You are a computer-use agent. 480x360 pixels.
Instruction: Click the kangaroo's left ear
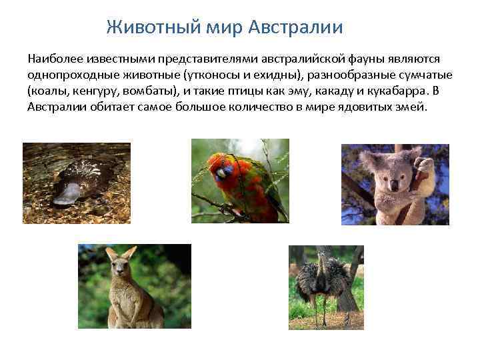point(111,253)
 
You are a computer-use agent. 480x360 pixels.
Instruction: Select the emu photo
point(326,287)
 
